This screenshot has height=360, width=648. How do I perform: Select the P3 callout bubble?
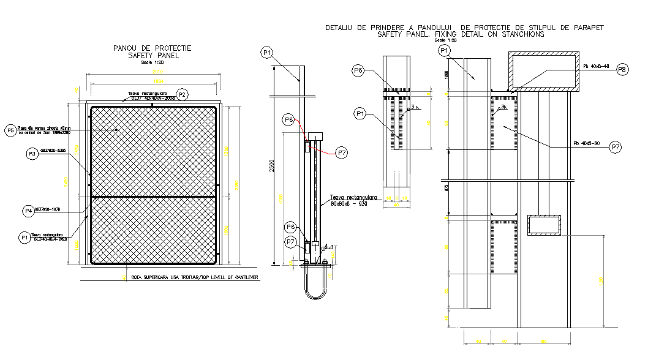click(32, 155)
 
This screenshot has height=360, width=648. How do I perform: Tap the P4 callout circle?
click(28, 211)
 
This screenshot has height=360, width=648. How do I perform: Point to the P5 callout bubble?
click(10, 130)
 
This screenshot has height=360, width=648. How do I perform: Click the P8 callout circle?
click(622, 69)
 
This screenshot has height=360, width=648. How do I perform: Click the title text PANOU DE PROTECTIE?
click(153, 48)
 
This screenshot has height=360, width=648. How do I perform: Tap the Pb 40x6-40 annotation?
click(596, 66)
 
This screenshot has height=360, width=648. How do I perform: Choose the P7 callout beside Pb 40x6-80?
click(616, 147)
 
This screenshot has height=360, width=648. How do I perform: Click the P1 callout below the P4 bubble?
click(24, 237)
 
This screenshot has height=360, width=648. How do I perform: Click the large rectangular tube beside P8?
click(543, 71)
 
